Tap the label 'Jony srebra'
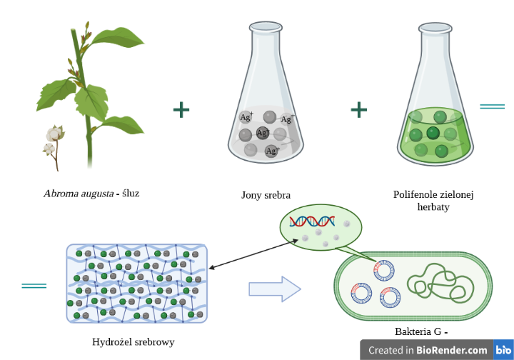(x=266, y=194)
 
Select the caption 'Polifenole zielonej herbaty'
(x=434, y=201)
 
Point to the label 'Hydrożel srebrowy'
(x=133, y=341)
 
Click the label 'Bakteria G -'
(x=421, y=332)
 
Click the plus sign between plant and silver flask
(x=181, y=109)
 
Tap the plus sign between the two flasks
(x=358, y=109)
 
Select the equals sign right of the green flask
(x=492, y=107)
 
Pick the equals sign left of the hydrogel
(x=34, y=286)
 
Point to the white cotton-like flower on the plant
(x=54, y=134)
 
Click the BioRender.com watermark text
(x=428, y=350)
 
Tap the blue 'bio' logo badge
(x=503, y=350)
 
